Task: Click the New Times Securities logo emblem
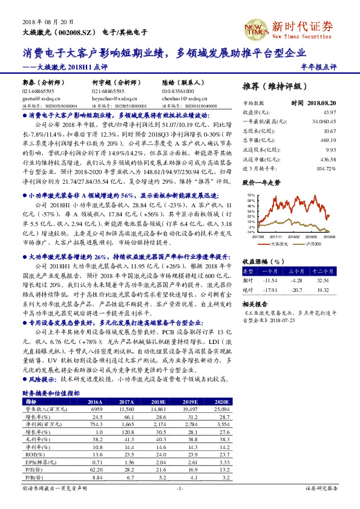(x=255, y=26)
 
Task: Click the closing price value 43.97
(x=329, y=112)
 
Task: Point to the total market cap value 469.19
(x=329, y=140)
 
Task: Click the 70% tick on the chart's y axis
(x=250, y=195)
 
